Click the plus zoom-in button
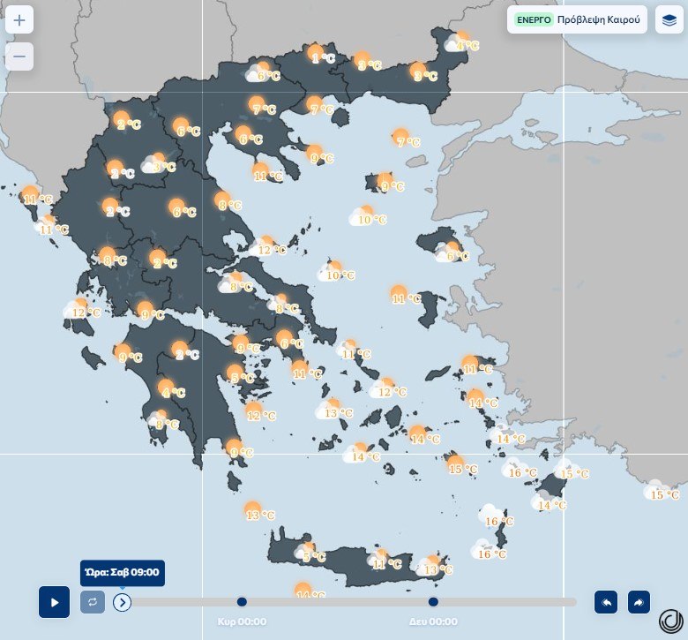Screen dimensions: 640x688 tap(19, 19)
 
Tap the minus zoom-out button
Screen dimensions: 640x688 tap(19, 56)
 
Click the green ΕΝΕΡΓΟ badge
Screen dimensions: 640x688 tap(534, 19)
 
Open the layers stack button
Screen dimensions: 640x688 tap(669, 19)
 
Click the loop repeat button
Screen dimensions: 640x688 tap(93, 602)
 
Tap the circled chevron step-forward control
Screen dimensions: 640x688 tap(123, 602)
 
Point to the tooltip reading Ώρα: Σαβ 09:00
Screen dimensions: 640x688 tap(122, 572)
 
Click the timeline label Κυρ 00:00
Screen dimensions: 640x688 tap(243, 621)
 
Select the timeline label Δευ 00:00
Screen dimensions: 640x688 tap(433, 621)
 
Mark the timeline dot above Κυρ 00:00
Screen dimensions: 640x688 tap(243, 602)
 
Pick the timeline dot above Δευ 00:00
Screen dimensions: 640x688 tap(433, 602)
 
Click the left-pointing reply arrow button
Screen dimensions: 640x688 tap(606, 602)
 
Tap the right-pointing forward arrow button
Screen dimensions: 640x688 tap(639, 602)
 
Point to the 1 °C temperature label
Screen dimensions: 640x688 tap(323, 59)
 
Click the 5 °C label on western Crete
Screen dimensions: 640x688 tap(314, 557)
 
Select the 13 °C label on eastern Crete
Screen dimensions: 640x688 tap(437, 570)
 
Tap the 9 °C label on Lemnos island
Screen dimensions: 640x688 tap(392, 187)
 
